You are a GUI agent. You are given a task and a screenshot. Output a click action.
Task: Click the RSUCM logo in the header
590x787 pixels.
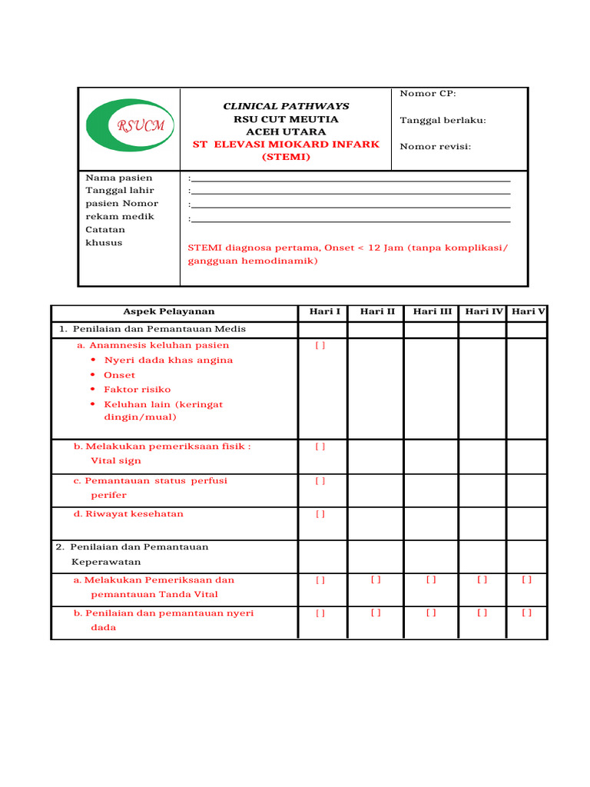pos(130,125)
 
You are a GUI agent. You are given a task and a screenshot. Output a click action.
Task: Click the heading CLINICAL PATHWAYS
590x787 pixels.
pos(286,106)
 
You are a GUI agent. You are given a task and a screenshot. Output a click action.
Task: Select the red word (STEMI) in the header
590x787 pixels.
pos(286,157)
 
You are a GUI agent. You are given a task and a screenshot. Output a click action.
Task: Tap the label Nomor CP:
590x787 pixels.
pos(428,94)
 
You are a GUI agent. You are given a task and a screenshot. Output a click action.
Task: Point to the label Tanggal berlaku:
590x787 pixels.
pos(443,120)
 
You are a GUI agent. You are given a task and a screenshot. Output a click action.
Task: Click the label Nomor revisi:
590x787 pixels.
pos(436,146)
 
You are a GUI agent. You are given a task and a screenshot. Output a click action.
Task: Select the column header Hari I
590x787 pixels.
pos(325,311)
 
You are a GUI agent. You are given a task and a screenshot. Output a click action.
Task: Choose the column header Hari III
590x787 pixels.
pos(432,311)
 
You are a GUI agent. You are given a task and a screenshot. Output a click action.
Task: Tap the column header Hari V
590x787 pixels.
pos(528,311)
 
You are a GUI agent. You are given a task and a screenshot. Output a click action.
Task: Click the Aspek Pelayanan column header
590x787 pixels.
pos(169,311)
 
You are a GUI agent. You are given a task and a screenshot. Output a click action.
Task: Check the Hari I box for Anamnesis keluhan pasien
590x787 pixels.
pos(320,346)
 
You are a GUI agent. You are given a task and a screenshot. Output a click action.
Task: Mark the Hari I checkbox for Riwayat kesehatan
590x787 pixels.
pos(320,514)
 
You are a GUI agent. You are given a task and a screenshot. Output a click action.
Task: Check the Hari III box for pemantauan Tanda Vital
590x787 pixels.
pos(431,580)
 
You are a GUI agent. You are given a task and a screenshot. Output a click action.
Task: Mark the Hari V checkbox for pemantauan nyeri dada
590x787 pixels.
pos(527,613)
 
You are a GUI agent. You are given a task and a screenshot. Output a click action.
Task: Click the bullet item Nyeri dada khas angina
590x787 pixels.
pos(168,360)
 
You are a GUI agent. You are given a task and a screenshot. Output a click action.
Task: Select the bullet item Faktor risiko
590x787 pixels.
pos(138,390)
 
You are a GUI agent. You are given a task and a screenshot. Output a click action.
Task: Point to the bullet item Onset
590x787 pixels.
pos(119,375)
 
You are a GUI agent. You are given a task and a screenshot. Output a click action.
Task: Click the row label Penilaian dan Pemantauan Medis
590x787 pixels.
pos(159,329)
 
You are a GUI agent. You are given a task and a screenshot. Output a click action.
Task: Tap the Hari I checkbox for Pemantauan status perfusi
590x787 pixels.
pos(320,481)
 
